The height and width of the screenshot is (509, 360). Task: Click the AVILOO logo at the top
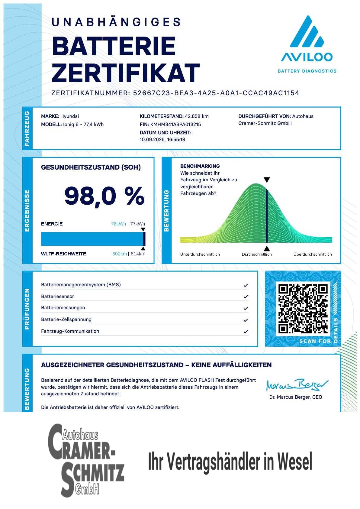pos(307,44)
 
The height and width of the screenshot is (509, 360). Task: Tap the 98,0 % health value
pos(104,196)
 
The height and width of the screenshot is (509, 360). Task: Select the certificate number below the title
pos(216,93)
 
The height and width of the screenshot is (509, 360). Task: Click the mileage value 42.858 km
pos(197,116)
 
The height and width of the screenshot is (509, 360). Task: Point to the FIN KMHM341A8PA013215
pos(175,125)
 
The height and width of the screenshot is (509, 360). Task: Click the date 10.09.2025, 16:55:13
pos(162,140)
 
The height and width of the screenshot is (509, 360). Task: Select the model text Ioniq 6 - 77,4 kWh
pos(83,125)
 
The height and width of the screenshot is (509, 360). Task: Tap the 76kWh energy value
pos(118,224)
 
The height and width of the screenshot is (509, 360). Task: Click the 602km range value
pos(119,254)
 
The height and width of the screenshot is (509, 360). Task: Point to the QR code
pos(303,309)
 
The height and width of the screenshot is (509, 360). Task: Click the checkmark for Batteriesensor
pos(246,297)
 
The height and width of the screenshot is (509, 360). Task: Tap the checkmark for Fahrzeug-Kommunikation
pos(246,332)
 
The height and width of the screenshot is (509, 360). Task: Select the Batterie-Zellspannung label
pos(66,319)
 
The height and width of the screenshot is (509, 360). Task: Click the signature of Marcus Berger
pos(297,385)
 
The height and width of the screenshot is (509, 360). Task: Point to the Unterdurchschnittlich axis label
pos(200,254)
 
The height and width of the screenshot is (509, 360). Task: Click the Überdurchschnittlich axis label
pos(312,254)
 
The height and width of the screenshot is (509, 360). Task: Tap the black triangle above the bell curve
pos(267,180)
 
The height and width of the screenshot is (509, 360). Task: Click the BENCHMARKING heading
pos(200,166)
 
